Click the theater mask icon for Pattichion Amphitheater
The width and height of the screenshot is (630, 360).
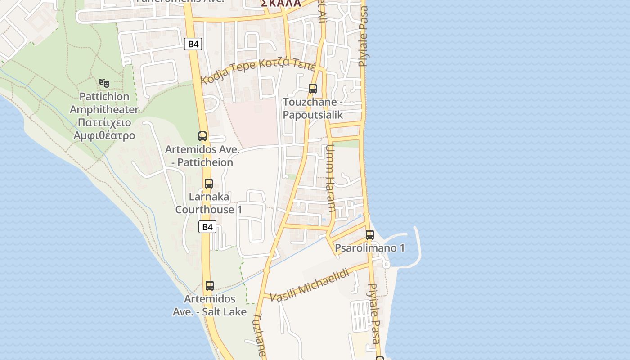pyautogui.click(x=104, y=83)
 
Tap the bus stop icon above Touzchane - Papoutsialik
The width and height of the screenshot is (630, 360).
pyautogui.click(x=313, y=89)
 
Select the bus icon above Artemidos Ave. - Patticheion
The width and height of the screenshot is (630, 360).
pyautogui.click(x=202, y=136)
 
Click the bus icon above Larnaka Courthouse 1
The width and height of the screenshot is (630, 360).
pyautogui.click(x=208, y=184)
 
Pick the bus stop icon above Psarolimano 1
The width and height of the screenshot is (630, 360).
pyautogui.click(x=370, y=235)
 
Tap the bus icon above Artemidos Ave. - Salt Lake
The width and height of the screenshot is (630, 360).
pyautogui.click(x=209, y=285)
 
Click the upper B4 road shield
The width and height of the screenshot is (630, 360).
pyautogui.click(x=193, y=44)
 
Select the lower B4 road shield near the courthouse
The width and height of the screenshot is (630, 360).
pyautogui.click(x=207, y=227)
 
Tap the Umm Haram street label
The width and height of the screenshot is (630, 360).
pyautogui.click(x=331, y=178)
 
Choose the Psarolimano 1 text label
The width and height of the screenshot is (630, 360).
pyautogui.click(x=370, y=248)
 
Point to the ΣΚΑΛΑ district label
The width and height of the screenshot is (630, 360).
pyautogui.click(x=281, y=3)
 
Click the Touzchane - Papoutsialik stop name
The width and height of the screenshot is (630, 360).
pyautogui.click(x=313, y=108)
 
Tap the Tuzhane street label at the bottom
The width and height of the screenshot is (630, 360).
pyautogui.click(x=260, y=335)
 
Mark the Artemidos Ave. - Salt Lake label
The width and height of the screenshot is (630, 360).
pyautogui.click(x=210, y=305)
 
